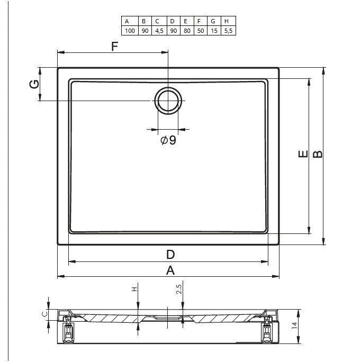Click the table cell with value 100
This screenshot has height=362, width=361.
[130, 31]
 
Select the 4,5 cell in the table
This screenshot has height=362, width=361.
[159, 31]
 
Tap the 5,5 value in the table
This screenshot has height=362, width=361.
[229, 31]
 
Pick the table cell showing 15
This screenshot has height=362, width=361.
[214, 31]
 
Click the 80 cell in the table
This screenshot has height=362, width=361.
[187, 31]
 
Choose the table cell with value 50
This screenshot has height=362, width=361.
[201, 31]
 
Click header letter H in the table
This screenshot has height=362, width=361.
[227, 21]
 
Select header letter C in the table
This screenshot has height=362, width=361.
[157, 21]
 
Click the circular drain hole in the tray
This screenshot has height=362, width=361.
[168, 101]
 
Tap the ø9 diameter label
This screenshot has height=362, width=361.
[168, 140]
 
